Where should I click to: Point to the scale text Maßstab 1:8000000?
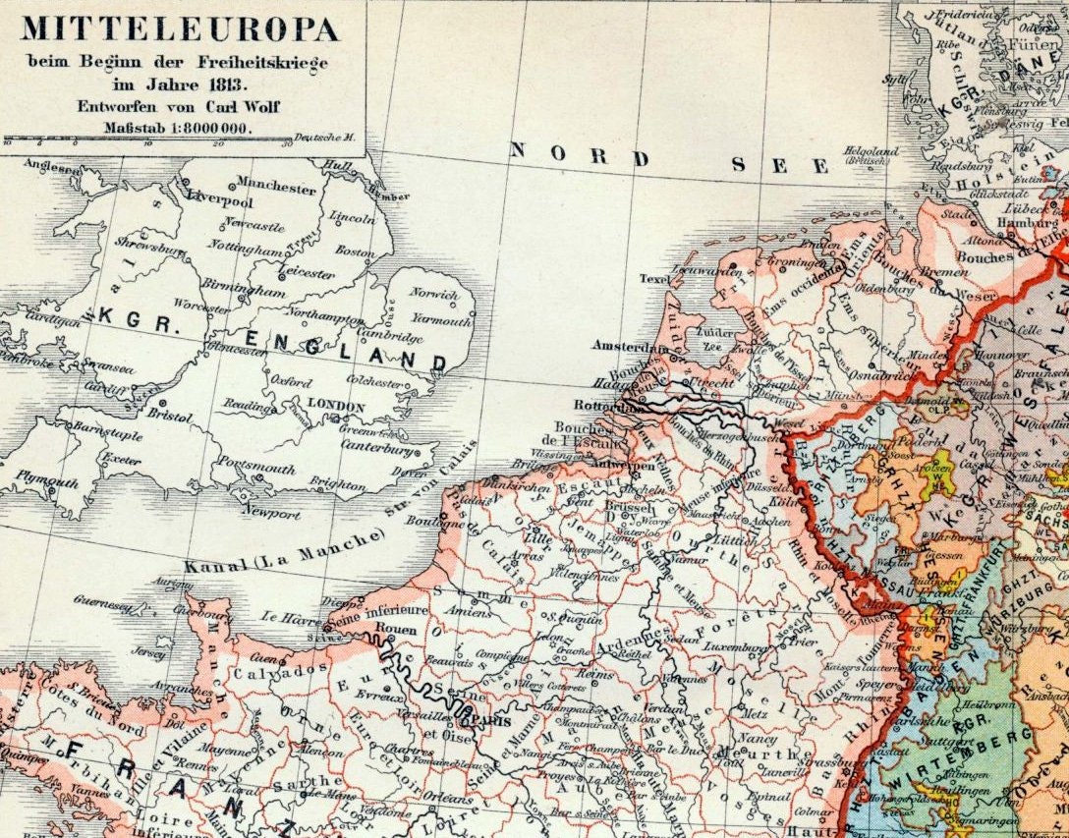tap(178, 128)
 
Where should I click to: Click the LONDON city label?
tap(335, 406)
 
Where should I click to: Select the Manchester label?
tap(276, 188)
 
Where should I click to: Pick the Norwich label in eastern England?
tap(434, 294)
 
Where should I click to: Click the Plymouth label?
tap(47, 483)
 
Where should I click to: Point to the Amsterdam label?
tap(623, 346)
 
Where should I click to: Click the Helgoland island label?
tap(871, 152)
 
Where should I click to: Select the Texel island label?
tap(653, 279)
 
